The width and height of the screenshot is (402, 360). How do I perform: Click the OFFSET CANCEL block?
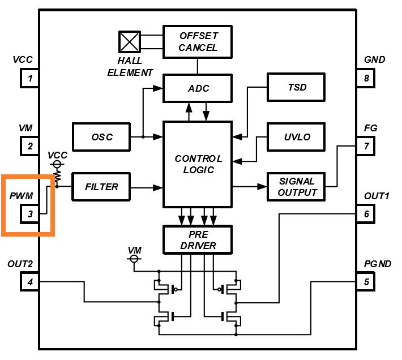click(198, 41)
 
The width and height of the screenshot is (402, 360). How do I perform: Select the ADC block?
click(198, 89)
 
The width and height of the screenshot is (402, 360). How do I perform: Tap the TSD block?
click(296, 88)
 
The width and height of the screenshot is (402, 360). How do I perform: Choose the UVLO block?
click(296, 138)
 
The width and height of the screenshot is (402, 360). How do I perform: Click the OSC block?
click(102, 137)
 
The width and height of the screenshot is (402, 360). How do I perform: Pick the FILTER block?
click(102, 187)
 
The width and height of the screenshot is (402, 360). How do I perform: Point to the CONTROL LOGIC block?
click(198, 164)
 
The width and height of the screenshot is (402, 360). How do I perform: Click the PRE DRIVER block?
click(198, 239)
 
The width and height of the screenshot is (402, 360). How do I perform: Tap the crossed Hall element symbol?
click(130, 42)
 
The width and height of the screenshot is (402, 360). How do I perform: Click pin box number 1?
click(30, 78)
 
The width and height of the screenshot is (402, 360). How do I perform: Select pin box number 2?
click(30, 147)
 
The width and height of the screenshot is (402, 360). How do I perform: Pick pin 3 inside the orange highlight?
click(30, 214)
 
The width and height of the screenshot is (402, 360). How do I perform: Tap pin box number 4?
click(30, 281)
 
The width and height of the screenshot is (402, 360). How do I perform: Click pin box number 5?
click(366, 281)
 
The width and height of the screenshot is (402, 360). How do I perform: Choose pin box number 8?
click(366, 78)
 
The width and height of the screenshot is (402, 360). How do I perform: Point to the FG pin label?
click(370, 128)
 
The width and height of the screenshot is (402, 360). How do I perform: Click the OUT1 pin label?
click(377, 196)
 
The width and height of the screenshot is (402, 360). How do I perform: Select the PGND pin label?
click(377, 263)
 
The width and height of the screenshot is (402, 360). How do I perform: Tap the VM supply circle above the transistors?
click(135, 259)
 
